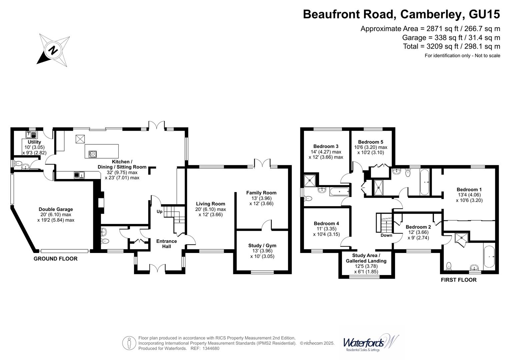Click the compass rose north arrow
[x=53, y=50]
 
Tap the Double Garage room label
[x=56, y=209]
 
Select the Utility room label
[x=34, y=142]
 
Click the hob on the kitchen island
[x=93, y=154]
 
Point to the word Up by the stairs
[x=160, y=211]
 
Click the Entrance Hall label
[x=167, y=244]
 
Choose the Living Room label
[x=210, y=204]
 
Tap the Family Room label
[x=261, y=193]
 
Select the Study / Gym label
[x=262, y=245]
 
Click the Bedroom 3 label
[x=326, y=146]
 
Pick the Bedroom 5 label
[x=370, y=142]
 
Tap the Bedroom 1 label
[x=469, y=189]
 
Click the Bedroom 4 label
[x=326, y=223]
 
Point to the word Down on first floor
[x=386, y=235]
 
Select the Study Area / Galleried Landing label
[x=366, y=258]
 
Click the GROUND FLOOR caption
[x=55, y=259]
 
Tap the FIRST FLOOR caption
[x=458, y=280]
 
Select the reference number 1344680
[x=209, y=348]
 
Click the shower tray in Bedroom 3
[x=310, y=181]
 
